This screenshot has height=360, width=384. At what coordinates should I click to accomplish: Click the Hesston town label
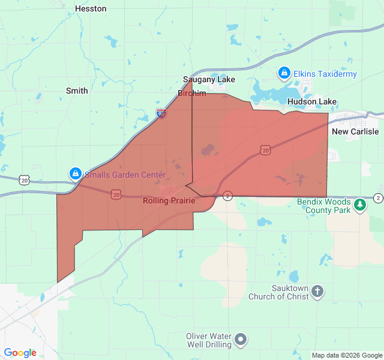pos(91,9)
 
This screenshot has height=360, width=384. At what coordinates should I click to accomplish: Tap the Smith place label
pos(77,91)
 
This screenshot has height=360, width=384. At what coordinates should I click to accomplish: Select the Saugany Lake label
pos(209,80)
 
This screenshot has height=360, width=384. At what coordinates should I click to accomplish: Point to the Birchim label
pos(192,94)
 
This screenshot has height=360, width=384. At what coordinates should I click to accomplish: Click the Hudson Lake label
pos(312,102)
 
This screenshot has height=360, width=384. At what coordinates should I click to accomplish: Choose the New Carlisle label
pos(355,132)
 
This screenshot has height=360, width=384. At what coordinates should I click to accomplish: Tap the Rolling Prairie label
pos(169,201)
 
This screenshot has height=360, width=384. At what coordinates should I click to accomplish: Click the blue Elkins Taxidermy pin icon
pos(284,73)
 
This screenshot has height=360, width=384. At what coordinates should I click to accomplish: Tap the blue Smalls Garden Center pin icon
pos(75,174)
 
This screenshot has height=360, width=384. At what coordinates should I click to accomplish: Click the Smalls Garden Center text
pos(125,175)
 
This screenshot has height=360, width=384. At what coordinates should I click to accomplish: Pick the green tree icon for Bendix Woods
pos(360,205)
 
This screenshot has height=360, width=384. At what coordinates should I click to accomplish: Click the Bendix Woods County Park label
pos(324,206)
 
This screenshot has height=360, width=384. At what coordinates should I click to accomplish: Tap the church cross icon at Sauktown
pos(317,292)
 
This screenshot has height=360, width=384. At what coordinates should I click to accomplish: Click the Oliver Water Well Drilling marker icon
pos(241,340)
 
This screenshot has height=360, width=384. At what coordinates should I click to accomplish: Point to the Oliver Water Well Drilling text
pos(208,340)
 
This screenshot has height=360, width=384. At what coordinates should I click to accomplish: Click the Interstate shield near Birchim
pos(161,113)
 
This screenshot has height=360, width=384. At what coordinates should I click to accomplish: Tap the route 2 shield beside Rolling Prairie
pos(227,196)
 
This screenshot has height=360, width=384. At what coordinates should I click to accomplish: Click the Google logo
pos(20,353)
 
